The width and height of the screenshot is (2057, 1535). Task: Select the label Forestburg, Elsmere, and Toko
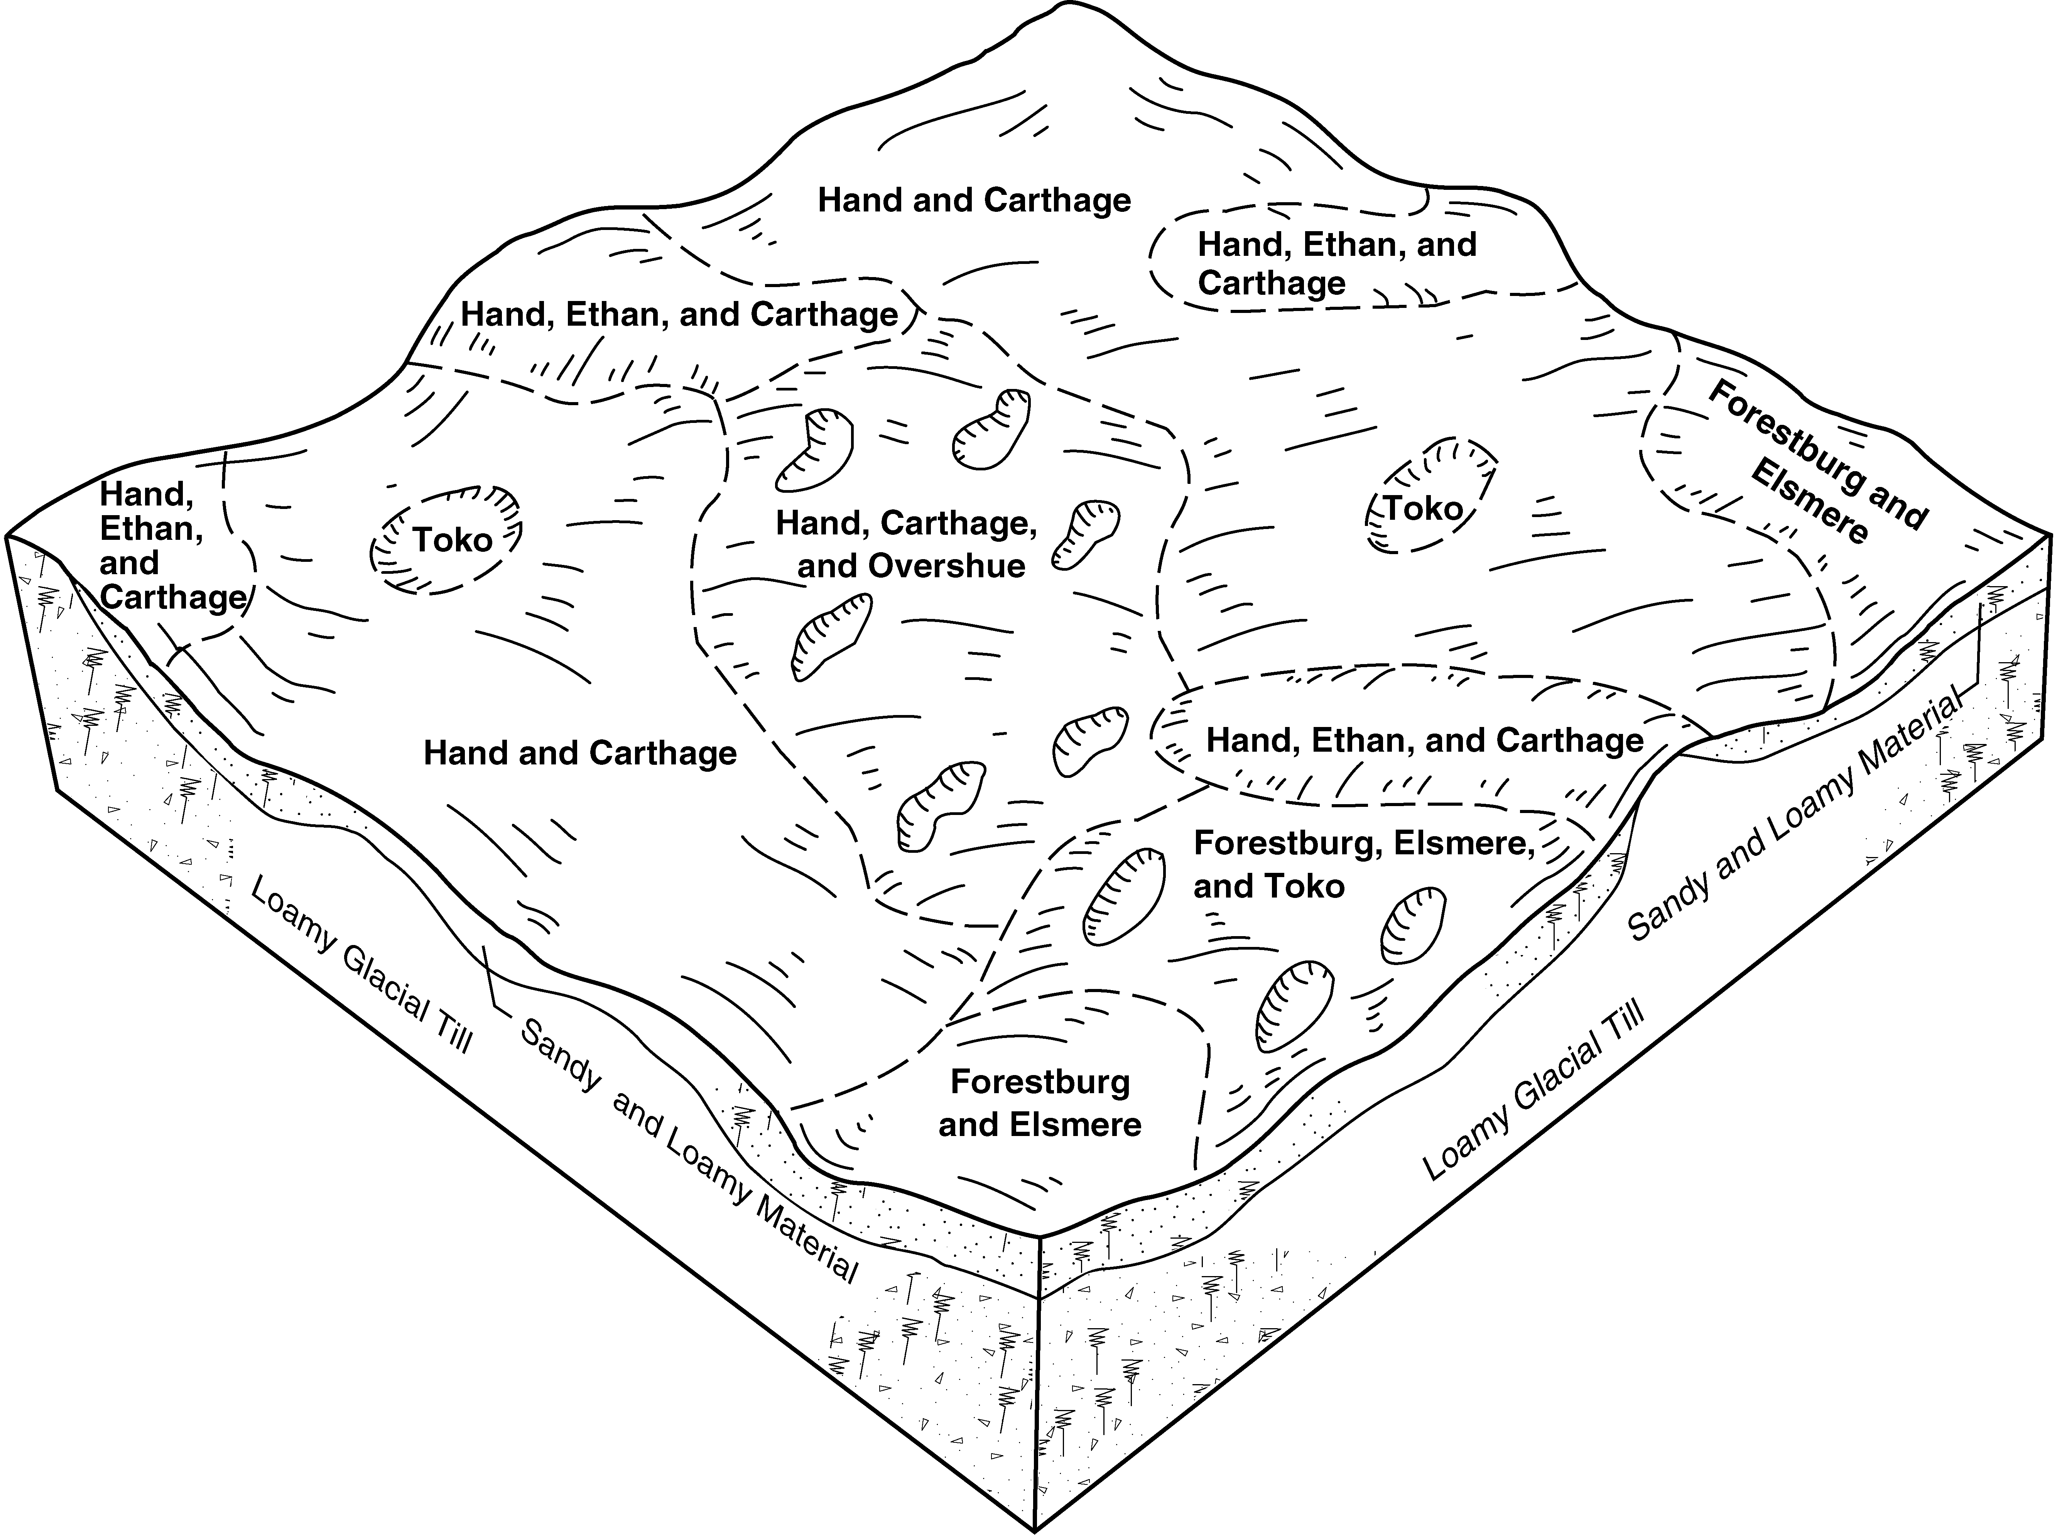click(x=1363, y=864)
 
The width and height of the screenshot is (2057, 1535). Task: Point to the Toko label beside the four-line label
click(x=453, y=540)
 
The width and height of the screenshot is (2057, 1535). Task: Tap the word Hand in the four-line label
click(x=147, y=495)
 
